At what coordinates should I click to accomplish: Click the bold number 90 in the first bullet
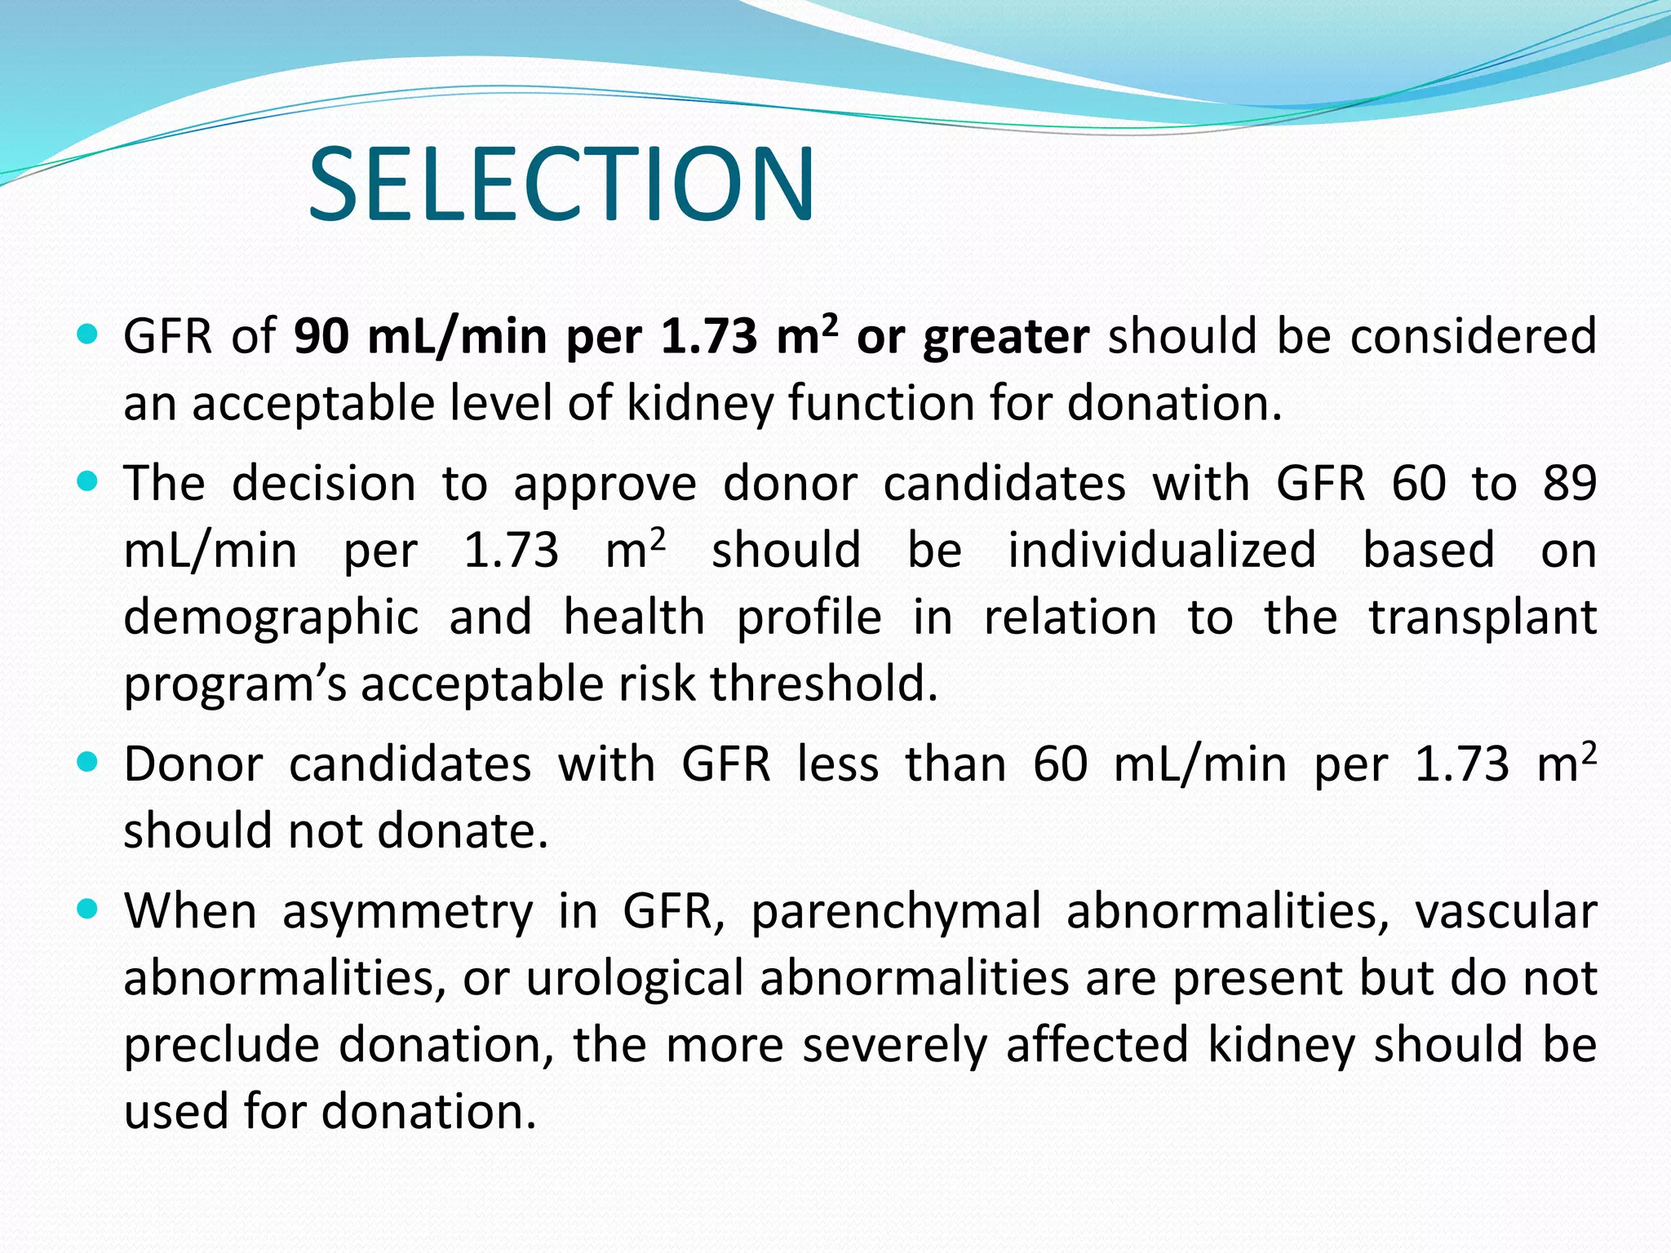point(321,337)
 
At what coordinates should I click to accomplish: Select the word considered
point(1474,337)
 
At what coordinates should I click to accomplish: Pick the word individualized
point(1162,550)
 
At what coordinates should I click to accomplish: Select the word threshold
point(824,684)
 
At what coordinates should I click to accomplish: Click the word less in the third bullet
point(838,765)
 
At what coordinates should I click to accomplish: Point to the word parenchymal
point(896,912)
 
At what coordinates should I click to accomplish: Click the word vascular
point(1505,912)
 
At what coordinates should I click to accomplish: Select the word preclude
point(220,1046)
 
